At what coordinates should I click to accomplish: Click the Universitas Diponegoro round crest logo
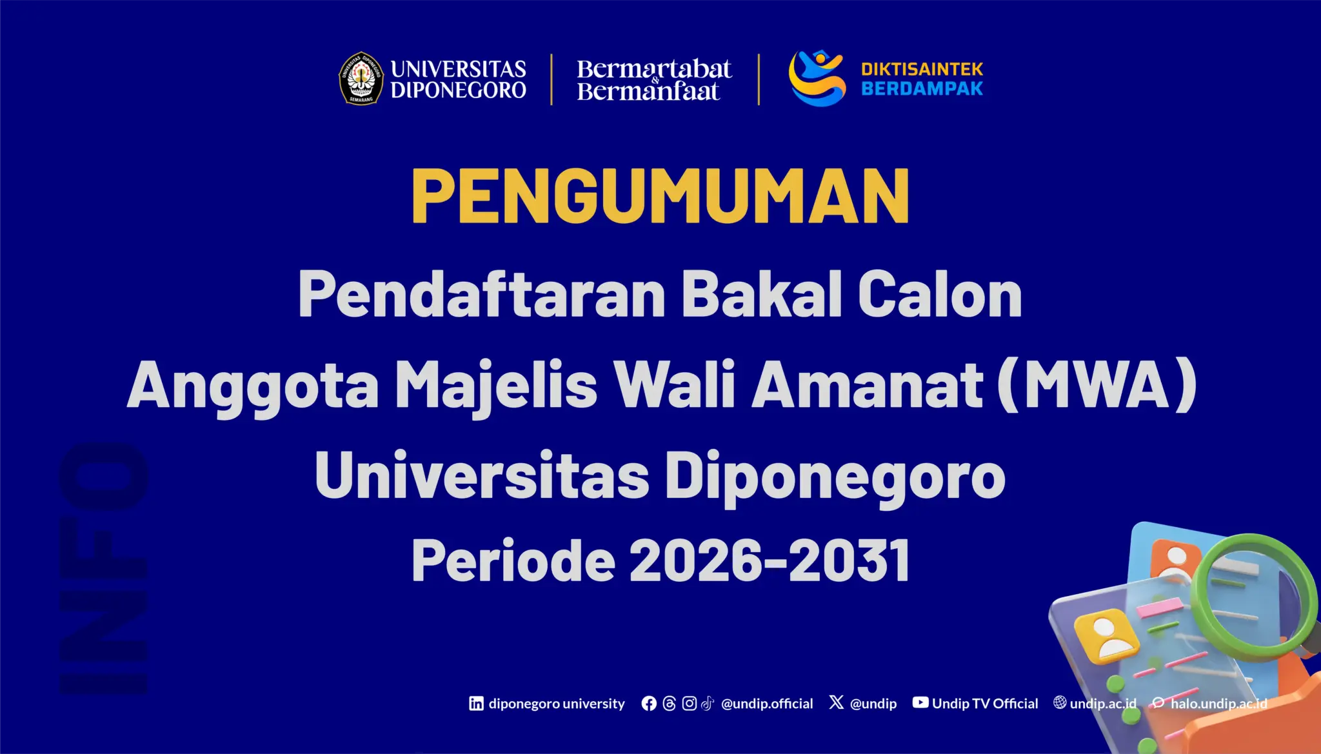[361, 79]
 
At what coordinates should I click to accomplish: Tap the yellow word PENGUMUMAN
[660, 196]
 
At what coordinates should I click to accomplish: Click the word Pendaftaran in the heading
[482, 294]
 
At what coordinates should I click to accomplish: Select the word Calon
[940, 294]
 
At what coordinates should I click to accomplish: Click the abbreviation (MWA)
[1097, 385]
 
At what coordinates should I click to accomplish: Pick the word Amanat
[868, 385]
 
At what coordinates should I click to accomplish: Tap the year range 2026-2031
[770, 560]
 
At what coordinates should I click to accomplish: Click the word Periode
[513, 560]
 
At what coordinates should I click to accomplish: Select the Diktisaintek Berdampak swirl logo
[817, 78]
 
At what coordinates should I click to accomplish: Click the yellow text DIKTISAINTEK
[922, 69]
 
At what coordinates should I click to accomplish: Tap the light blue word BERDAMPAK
[922, 88]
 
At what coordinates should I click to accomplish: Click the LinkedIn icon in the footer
[476, 703]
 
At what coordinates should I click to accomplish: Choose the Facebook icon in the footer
[649, 703]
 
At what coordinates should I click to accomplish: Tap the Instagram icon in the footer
[689, 703]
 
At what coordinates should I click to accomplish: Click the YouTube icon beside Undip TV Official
[920, 702]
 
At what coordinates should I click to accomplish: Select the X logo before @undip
[837, 702]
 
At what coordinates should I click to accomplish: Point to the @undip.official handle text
[767, 704]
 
